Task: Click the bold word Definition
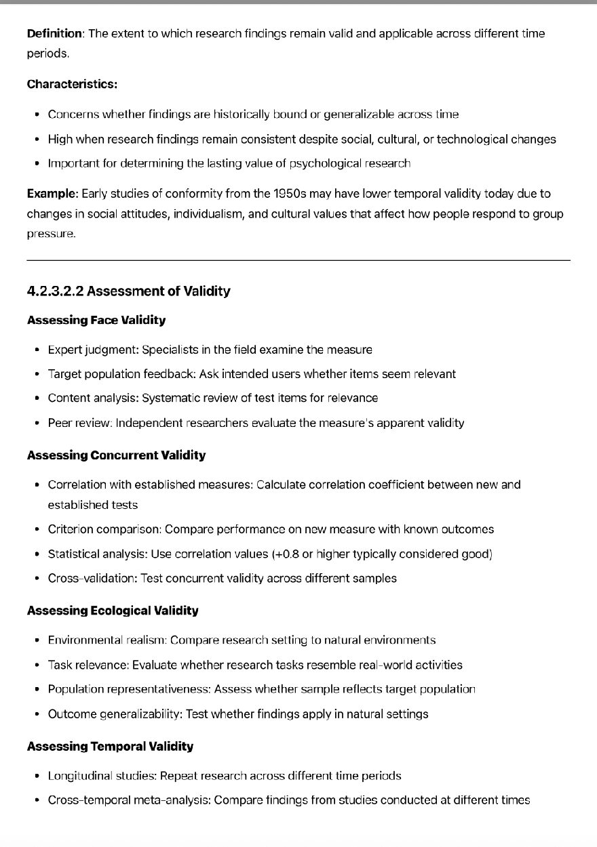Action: coord(54,33)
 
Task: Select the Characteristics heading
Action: coord(72,84)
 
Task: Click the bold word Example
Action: coord(52,194)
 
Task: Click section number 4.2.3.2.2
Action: coord(55,291)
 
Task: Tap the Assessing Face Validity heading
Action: coord(96,320)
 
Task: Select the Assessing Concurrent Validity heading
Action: coord(116,455)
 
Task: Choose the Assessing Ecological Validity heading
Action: coord(113,611)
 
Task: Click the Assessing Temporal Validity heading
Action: coord(110,746)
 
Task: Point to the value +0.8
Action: coord(286,554)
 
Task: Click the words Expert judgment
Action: coord(91,350)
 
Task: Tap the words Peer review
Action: coord(79,423)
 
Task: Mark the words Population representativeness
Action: coord(129,689)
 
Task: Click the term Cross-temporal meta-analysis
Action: coord(128,800)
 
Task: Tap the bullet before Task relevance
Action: coord(37,665)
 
